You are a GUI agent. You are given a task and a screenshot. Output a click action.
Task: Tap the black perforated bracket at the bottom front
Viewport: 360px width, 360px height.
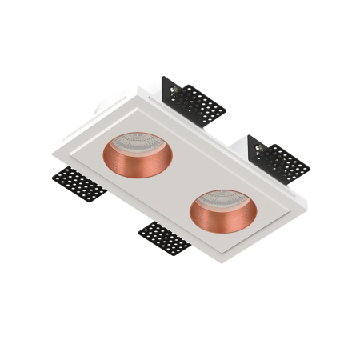[x=164, y=238]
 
